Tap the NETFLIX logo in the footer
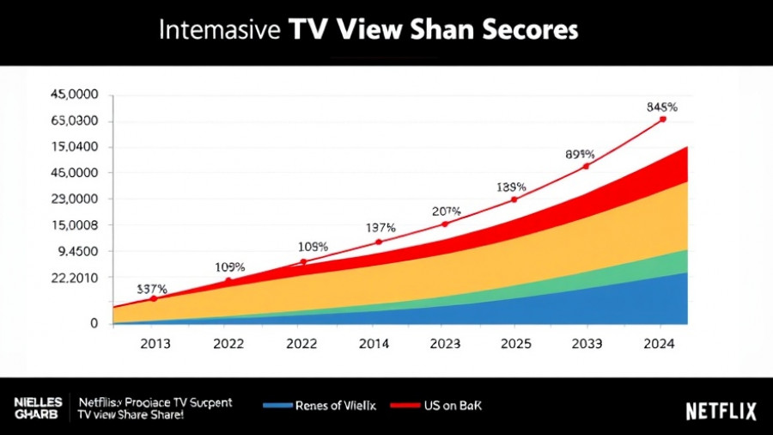(x=721, y=411)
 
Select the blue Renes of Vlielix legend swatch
(x=277, y=404)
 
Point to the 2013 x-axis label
(x=155, y=343)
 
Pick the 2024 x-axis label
(x=658, y=343)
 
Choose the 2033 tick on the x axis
(x=587, y=343)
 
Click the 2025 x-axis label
(x=514, y=343)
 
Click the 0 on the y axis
(x=94, y=323)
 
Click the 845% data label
(x=661, y=107)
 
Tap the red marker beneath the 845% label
(x=662, y=119)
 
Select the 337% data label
(x=151, y=289)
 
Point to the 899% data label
(x=580, y=155)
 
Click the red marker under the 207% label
(x=444, y=224)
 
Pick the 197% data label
(x=380, y=228)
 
